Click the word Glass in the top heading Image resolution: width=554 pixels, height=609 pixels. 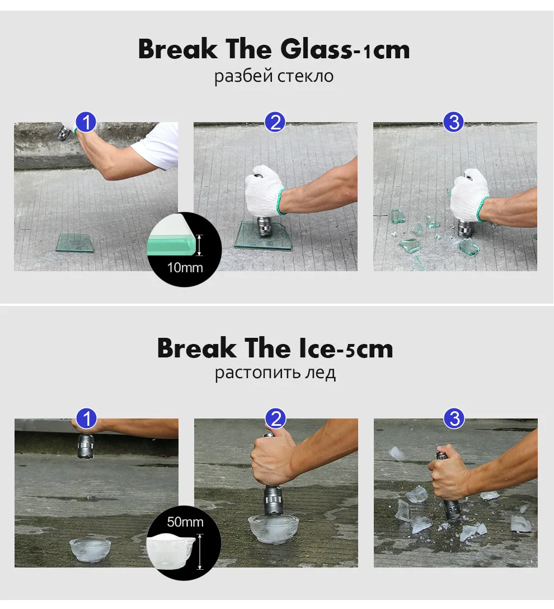click(316, 49)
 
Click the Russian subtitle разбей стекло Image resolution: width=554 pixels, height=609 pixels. click(274, 76)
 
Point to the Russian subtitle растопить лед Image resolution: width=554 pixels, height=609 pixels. click(275, 373)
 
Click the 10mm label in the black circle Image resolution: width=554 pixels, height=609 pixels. click(185, 268)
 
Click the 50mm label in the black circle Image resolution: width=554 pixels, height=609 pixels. click(185, 522)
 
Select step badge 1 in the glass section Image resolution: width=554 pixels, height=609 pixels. click(86, 122)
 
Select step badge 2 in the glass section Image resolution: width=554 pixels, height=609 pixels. click(275, 122)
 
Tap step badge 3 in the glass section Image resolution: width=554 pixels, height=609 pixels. click(453, 122)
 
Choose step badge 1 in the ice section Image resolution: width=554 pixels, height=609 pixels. click(87, 419)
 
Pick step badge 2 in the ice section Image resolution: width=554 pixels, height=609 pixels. click(275, 419)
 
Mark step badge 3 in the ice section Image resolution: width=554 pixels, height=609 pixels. click(454, 419)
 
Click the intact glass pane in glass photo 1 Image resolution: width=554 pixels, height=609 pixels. click(75, 243)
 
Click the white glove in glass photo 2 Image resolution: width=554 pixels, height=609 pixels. click(265, 191)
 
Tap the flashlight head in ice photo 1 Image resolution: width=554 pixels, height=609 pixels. click(86, 447)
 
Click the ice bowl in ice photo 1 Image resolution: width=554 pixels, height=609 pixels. click(90, 550)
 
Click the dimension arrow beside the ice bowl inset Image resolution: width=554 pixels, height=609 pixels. click(200, 551)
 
